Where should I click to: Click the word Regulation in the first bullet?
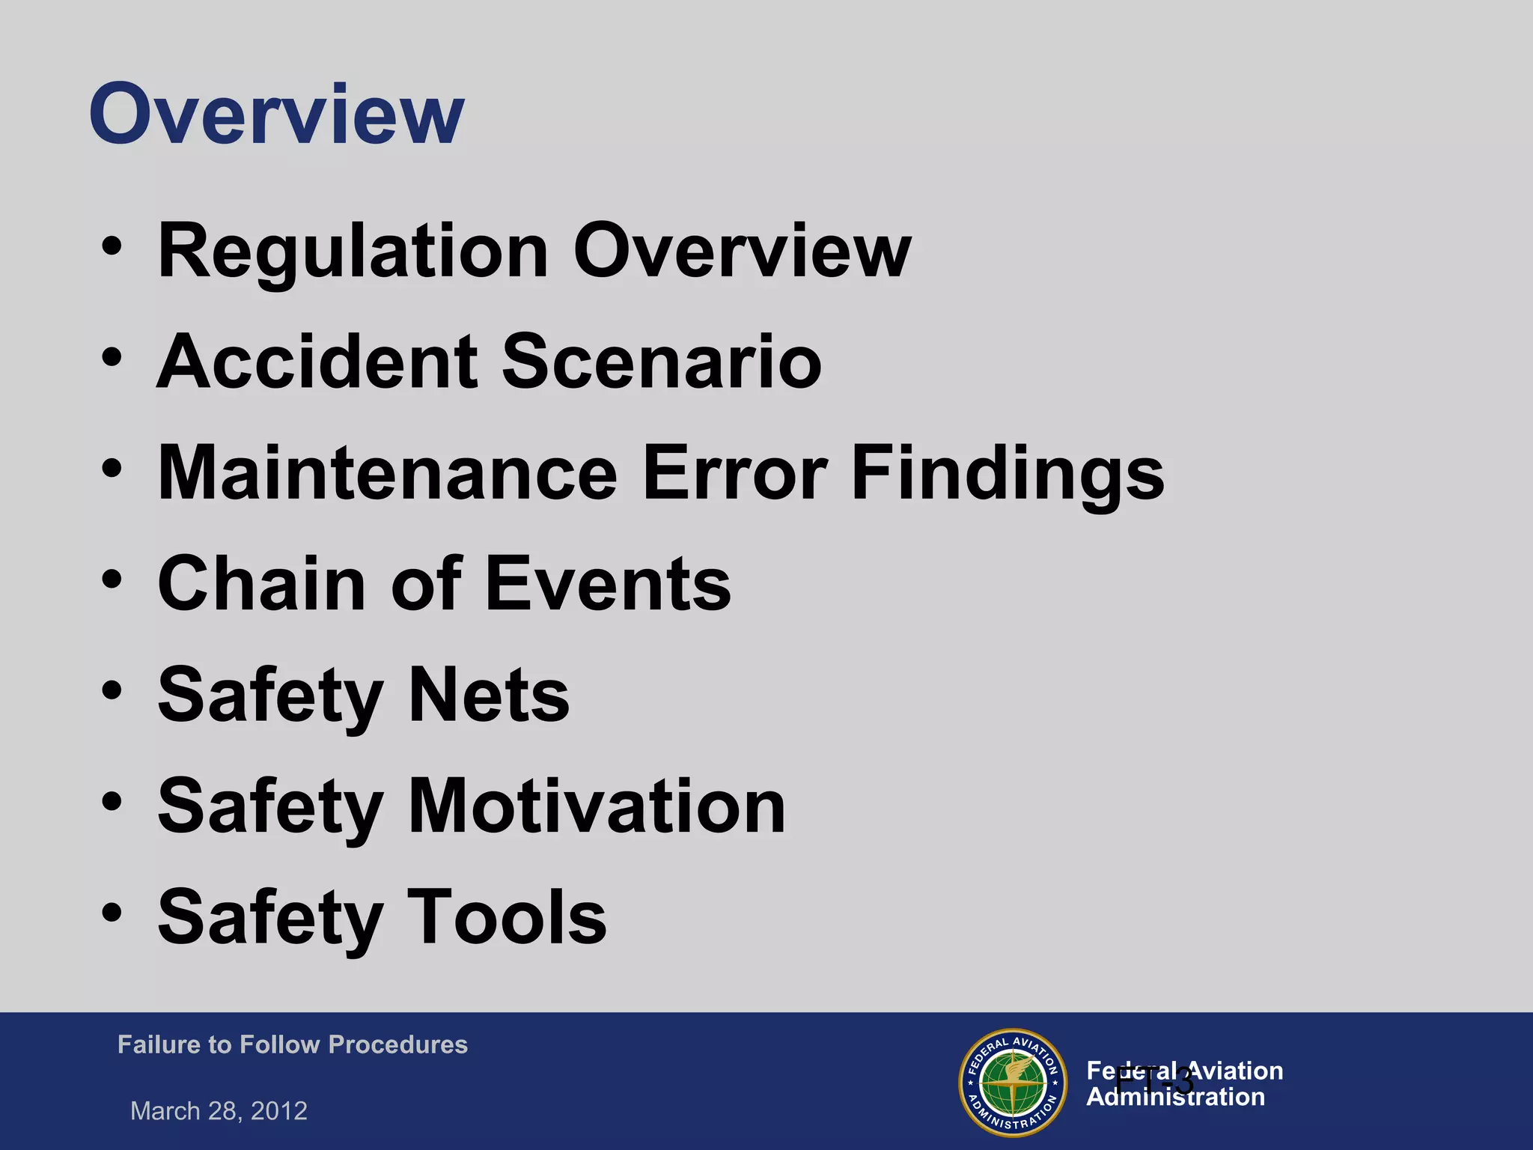tap(353, 252)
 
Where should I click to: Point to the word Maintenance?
tap(387, 473)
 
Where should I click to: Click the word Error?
tap(734, 473)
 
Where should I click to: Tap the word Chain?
tap(261, 584)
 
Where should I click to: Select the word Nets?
tap(489, 695)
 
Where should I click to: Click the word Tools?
tap(506, 916)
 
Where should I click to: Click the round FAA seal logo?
tap(1013, 1082)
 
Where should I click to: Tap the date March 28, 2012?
tap(219, 1110)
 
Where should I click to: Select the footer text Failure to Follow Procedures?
tap(292, 1044)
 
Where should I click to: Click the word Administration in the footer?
tap(1175, 1098)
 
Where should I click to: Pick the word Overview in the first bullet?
tap(742, 252)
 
